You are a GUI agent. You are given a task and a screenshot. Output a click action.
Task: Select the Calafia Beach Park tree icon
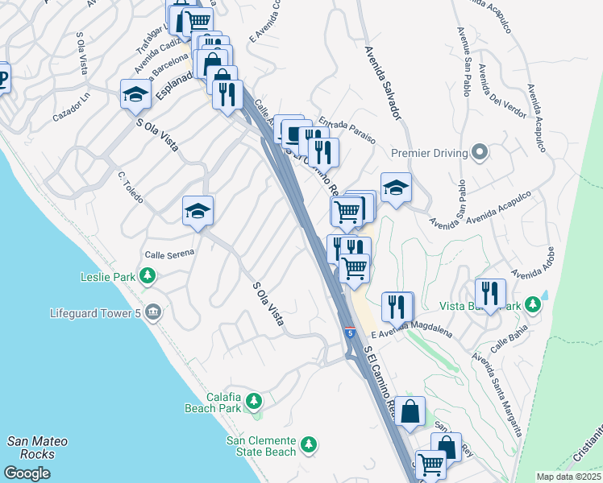[254, 400]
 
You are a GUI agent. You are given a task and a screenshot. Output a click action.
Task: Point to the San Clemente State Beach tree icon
[308, 444]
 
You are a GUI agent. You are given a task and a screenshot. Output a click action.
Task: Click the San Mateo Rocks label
[37, 448]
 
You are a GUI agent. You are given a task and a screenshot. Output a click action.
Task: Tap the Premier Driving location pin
[480, 153]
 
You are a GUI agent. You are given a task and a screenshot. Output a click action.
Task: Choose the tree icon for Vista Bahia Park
[531, 305]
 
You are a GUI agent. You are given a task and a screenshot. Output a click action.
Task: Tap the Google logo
[27, 473]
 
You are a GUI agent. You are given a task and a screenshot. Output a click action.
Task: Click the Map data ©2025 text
[568, 477]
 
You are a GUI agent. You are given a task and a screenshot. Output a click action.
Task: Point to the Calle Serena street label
[169, 254]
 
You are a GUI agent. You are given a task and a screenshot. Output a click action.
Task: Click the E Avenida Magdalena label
[412, 329]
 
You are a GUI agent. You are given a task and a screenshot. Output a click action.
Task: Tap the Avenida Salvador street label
[382, 83]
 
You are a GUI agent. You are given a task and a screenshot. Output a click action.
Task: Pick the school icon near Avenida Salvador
[396, 188]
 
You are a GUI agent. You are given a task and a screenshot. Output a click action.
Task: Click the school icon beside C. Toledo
[198, 212]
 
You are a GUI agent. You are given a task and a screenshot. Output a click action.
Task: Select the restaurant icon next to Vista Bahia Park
[489, 295]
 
